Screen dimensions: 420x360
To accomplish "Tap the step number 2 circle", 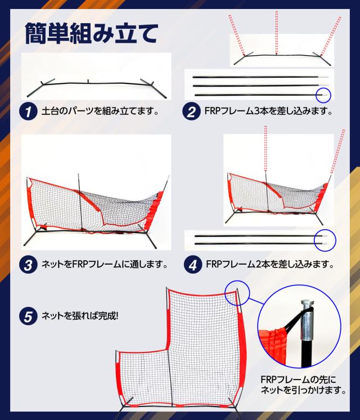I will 191,111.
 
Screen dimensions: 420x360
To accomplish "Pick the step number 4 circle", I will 191,263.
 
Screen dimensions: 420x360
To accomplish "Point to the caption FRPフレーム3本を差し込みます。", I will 269,111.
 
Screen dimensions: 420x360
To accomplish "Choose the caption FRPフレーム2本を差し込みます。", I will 269,263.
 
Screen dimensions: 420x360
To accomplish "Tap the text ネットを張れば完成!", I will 79,315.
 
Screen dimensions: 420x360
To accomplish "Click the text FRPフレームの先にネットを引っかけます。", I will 303,384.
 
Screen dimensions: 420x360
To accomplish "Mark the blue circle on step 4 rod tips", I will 325,240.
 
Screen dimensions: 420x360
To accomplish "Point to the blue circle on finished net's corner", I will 236,293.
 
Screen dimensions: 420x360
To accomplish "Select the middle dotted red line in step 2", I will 276,34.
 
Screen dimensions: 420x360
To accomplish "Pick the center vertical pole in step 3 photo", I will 80,203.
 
